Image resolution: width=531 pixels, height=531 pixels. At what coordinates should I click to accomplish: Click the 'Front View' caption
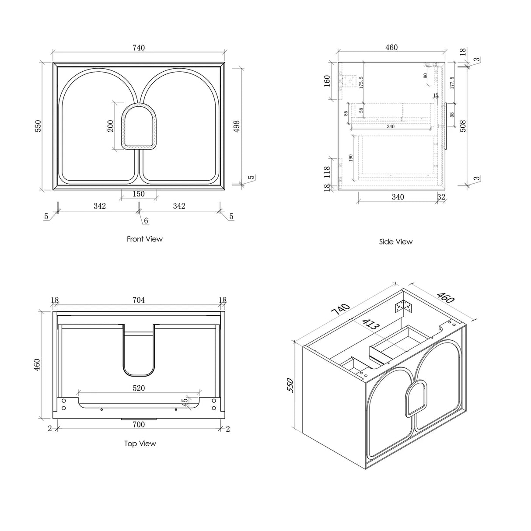point(144,239)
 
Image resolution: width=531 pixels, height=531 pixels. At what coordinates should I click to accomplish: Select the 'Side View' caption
point(395,241)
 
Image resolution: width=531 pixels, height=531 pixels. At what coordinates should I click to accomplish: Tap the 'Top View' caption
point(140,444)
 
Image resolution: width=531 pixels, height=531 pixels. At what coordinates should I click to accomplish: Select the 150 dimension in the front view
point(138,194)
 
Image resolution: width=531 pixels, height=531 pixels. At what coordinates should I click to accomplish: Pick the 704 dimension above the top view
point(138,300)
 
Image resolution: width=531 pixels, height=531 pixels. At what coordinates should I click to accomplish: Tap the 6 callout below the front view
point(146,221)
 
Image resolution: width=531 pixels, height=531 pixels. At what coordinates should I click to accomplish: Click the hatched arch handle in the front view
point(138,126)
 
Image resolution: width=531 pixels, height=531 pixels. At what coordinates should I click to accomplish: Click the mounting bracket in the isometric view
point(404,308)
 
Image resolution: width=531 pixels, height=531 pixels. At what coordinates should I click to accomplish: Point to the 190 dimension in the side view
point(350,158)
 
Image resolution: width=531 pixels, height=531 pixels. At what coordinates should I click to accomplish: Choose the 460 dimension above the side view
point(391,47)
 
